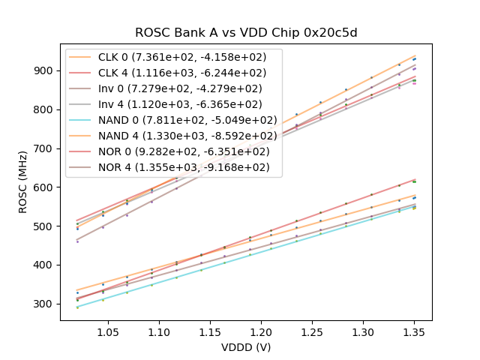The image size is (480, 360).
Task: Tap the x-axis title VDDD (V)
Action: coord(245,347)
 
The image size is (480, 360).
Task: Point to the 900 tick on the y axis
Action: coord(45,70)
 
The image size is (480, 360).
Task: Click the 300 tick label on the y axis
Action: coord(45,304)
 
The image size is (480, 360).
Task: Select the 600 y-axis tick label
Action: coord(45,187)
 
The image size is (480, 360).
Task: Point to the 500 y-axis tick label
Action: coord(45,226)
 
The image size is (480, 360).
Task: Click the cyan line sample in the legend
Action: coord(82,120)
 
